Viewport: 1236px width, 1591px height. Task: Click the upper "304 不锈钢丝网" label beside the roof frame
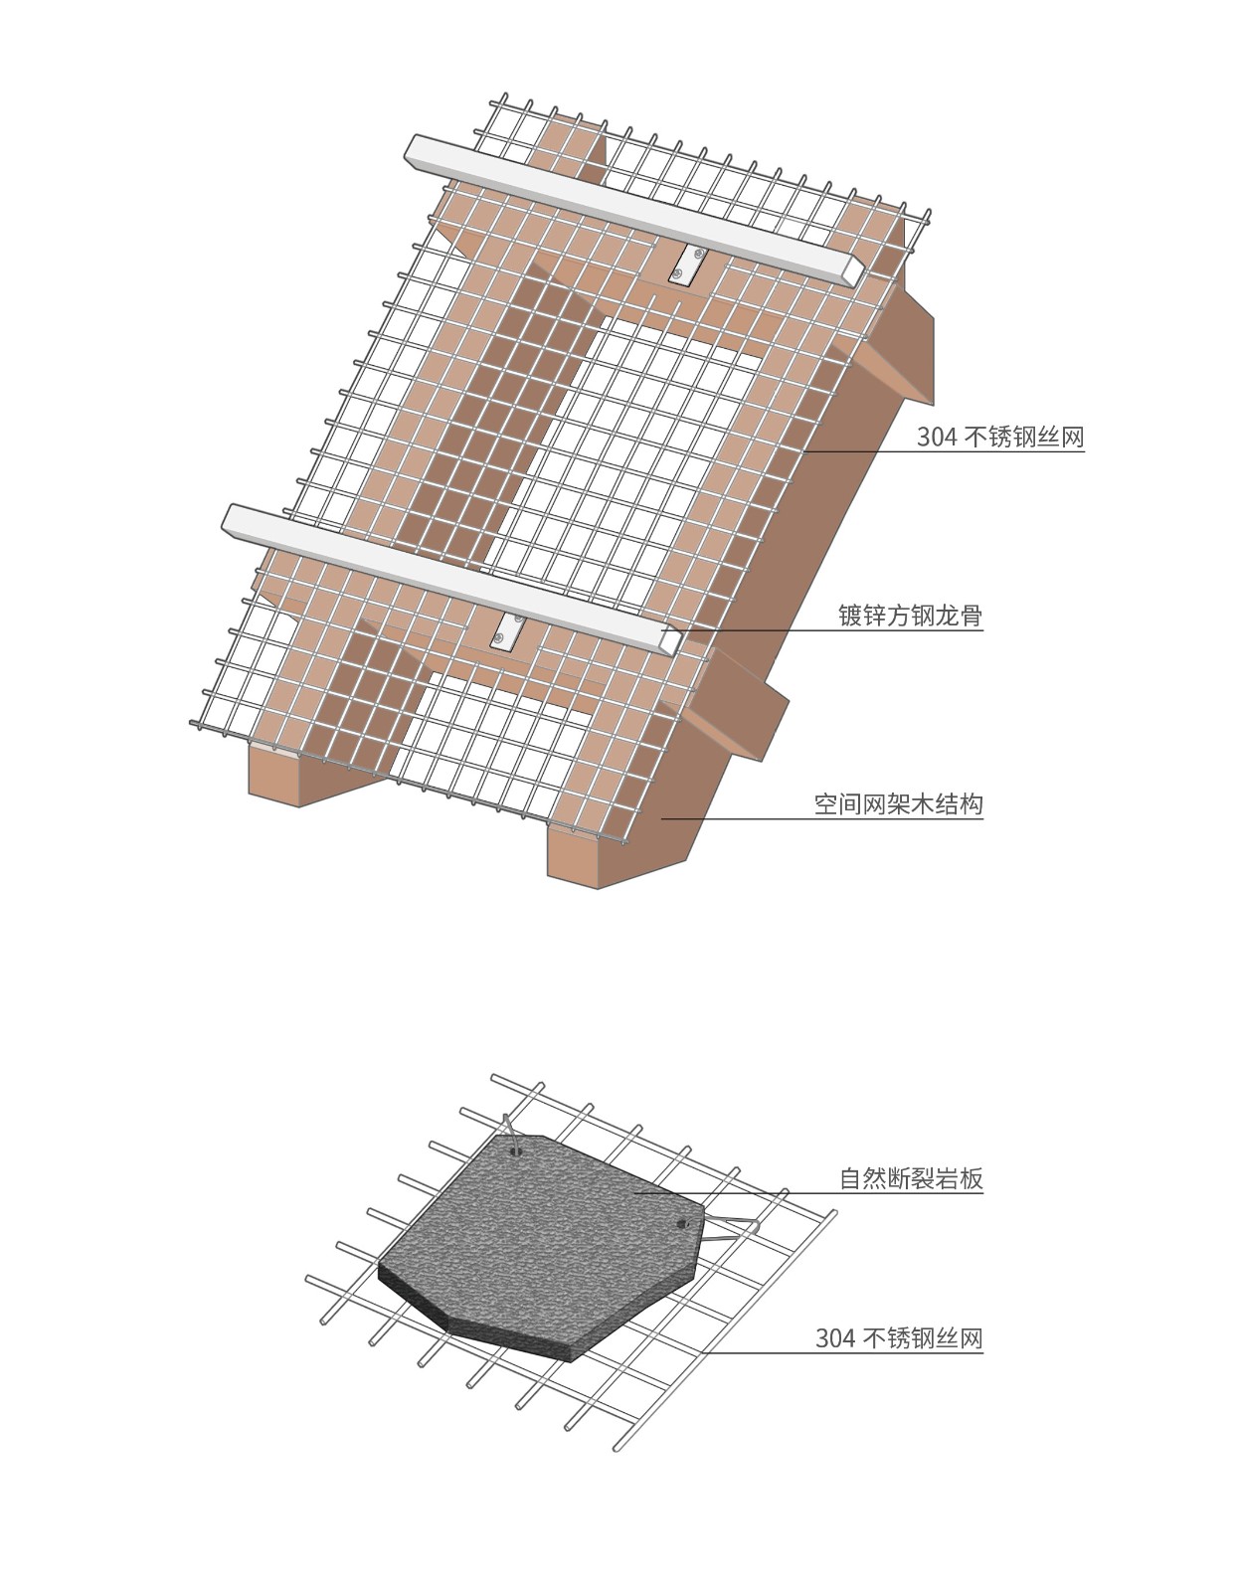click(x=999, y=438)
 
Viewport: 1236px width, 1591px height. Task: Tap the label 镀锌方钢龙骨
click(x=910, y=616)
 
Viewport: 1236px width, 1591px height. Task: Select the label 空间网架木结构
click(x=898, y=803)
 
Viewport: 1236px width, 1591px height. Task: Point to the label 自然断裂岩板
click(x=911, y=1179)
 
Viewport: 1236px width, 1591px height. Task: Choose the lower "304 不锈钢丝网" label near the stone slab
click(x=898, y=1338)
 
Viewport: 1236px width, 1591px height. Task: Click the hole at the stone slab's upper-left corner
click(x=514, y=1151)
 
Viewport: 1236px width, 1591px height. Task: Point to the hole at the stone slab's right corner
click(x=682, y=1222)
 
